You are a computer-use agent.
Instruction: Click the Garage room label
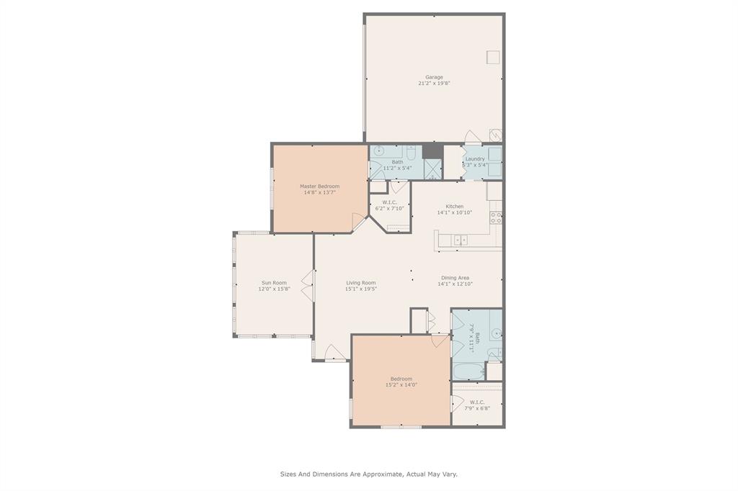point(434,77)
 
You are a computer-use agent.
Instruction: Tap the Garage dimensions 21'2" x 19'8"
point(434,84)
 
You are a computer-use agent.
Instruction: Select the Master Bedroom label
point(319,186)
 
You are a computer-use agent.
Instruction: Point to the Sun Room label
point(274,283)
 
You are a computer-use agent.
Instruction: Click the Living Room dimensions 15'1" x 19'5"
point(361,289)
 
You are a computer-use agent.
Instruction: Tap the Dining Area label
point(455,278)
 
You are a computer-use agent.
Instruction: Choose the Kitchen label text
point(455,207)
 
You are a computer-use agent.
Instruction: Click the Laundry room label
point(475,159)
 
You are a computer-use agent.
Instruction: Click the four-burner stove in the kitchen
point(496,217)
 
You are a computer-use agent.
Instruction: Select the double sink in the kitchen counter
point(461,240)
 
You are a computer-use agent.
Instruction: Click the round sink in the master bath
point(379,151)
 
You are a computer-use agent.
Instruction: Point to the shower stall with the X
point(433,169)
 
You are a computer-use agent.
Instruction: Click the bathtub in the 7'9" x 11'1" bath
point(468,371)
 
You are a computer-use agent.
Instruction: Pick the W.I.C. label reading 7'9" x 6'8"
point(477,405)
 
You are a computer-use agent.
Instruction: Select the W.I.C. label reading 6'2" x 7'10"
point(390,205)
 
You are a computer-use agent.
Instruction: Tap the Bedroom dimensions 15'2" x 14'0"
point(401,384)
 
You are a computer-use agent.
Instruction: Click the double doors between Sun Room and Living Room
point(307,286)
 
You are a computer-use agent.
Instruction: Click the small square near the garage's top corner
point(493,57)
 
